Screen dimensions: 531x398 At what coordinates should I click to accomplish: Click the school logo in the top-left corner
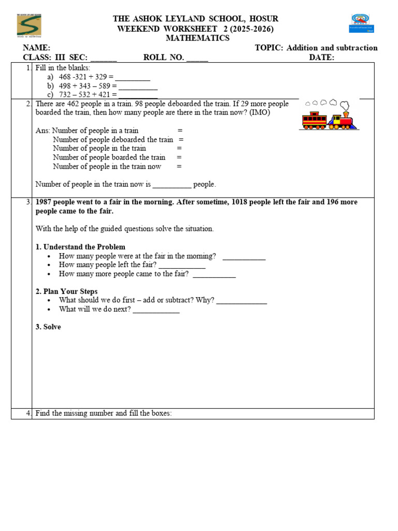tap(30, 25)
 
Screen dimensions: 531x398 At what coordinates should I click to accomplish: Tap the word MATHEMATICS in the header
tap(197, 38)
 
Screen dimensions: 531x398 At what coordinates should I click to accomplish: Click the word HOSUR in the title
tap(264, 19)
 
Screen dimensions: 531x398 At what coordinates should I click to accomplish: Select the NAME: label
tap(36, 48)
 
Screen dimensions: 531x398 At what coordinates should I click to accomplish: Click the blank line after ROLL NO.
tap(197, 58)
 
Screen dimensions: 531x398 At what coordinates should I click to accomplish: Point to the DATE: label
tap(322, 58)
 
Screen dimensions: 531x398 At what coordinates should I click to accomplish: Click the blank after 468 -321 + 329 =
tap(133, 77)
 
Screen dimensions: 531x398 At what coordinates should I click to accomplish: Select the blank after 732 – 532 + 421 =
tap(138, 95)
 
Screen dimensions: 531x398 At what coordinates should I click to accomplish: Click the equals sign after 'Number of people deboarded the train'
tap(181, 139)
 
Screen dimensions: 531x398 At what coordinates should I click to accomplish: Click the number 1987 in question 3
tap(45, 202)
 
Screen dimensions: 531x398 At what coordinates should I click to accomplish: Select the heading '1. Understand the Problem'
tap(80, 247)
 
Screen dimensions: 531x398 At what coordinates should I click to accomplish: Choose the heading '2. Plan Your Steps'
tap(66, 291)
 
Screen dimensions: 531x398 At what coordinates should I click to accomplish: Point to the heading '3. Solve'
tap(48, 327)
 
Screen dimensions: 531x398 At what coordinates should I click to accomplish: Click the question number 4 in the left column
tap(29, 413)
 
